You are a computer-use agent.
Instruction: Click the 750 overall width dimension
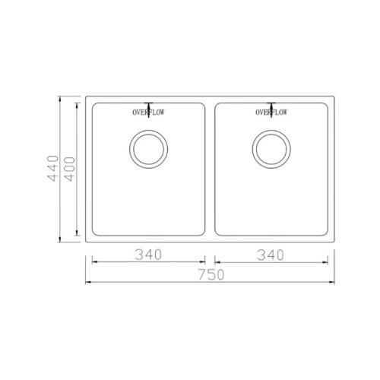tap(211, 274)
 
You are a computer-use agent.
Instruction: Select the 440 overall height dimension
tap(53, 169)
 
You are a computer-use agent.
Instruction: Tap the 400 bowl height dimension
tap(70, 169)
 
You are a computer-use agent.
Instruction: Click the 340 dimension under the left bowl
tap(148, 255)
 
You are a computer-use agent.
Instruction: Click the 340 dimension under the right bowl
tap(271, 255)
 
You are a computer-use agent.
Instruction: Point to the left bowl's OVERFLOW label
tap(148, 112)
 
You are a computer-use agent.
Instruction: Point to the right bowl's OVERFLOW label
tap(271, 112)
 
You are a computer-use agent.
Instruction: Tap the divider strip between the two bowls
tap(210, 169)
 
